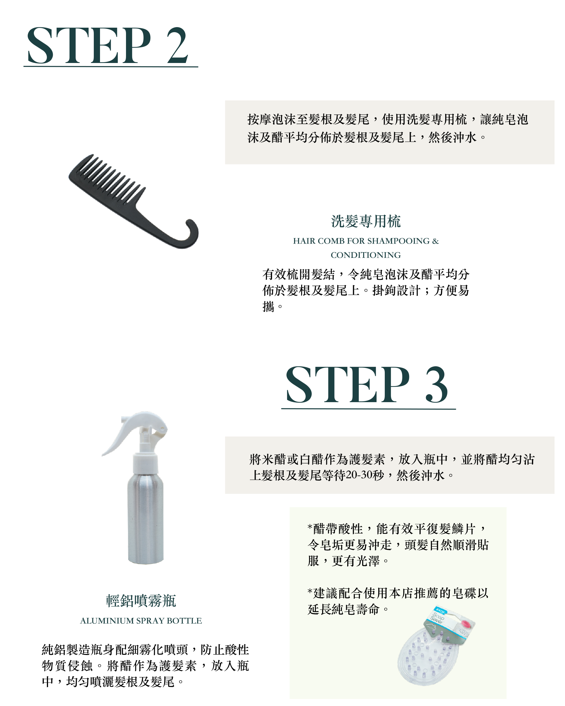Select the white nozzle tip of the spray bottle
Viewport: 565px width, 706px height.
click(x=160, y=427)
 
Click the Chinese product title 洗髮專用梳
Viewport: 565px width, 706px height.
click(x=366, y=221)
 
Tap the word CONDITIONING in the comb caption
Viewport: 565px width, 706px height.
click(x=366, y=255)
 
